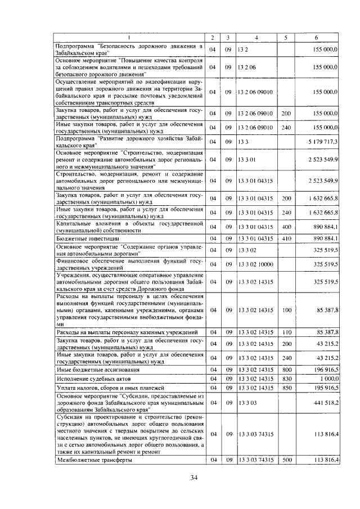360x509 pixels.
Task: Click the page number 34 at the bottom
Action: (193, 478)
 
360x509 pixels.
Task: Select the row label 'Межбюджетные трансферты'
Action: (94, 460)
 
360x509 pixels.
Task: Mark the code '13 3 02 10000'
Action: (254, 263)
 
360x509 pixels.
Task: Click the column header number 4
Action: (256, 38)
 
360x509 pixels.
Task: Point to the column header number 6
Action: (316, 38)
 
